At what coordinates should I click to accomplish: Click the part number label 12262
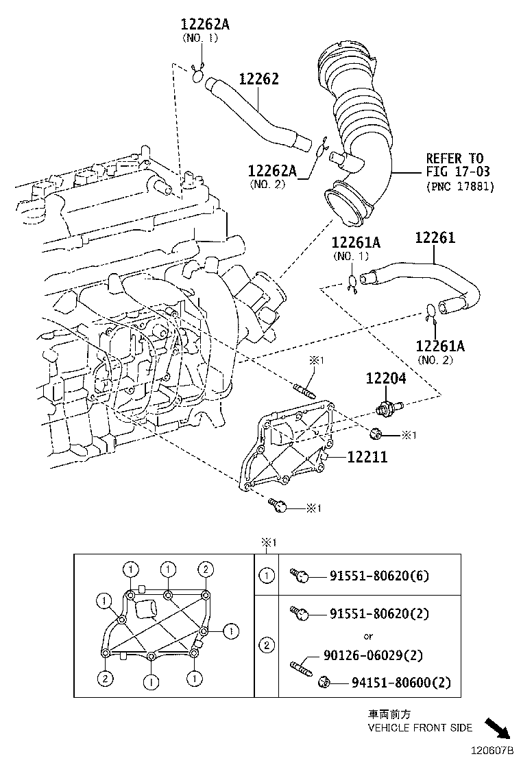(x=258, y=79)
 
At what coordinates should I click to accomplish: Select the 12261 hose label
(x=435, y=238)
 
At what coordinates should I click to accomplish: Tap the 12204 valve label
(x=385, y=378)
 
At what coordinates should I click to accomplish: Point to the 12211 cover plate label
(x=367, y=456)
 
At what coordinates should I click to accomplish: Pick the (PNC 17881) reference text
(x=459, y=185)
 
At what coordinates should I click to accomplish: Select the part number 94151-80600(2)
(x=393, y=682)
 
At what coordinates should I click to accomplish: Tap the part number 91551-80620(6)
(x=379, y=576)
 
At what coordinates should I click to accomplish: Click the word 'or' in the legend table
(x=368, y=635)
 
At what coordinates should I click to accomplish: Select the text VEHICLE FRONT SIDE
(x=420, y=727)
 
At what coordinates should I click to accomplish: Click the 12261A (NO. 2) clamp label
(x=440, y=346)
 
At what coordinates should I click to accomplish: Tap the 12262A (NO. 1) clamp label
(x=205, y=24)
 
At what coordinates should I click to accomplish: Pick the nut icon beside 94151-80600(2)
(x=326, y=682)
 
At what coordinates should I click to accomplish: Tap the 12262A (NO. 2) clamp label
(x=272, y=170)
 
